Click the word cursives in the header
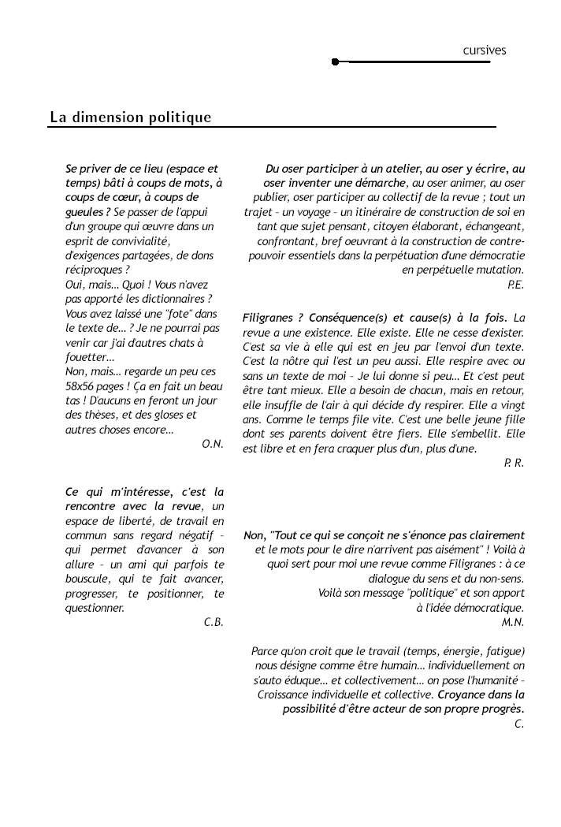pyautogui.click(x=485, y=50)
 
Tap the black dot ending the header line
pyautogui.click(x=336, y=61)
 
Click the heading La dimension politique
pyautogui.click(x=131, y=117)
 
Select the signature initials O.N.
pyautogui.click(x=213, y=444)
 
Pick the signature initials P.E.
pyautogui.click(x=516, y=285)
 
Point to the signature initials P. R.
pyautogui.click(x=514, y=463)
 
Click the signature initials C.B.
pyautogui.click(x=214, y=622)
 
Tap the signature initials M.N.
pyautogui.click(x=513, y=622)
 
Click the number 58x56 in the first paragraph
pyautogui.click(x=82, y=386)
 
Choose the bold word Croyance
pyautogui.click(x=463, y=695)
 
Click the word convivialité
pyautogui.click(x=131, y=240)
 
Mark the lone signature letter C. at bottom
pyautogui.click(x=519, y=724)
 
